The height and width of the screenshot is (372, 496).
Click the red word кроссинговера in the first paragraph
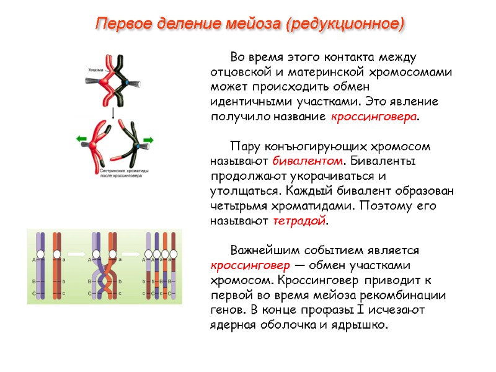coord(374,116)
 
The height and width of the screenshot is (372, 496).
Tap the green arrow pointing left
coord(82,140)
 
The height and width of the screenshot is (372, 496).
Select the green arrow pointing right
coord(148,140)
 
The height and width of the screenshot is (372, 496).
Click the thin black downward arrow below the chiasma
coord(113,113)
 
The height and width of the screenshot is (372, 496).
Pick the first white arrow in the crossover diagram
coord(76,254)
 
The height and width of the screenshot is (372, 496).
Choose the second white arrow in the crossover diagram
coord(131,254)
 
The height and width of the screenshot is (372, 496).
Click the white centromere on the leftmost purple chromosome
coord(40,254)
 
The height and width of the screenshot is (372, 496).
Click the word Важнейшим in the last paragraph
coord(261,250)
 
